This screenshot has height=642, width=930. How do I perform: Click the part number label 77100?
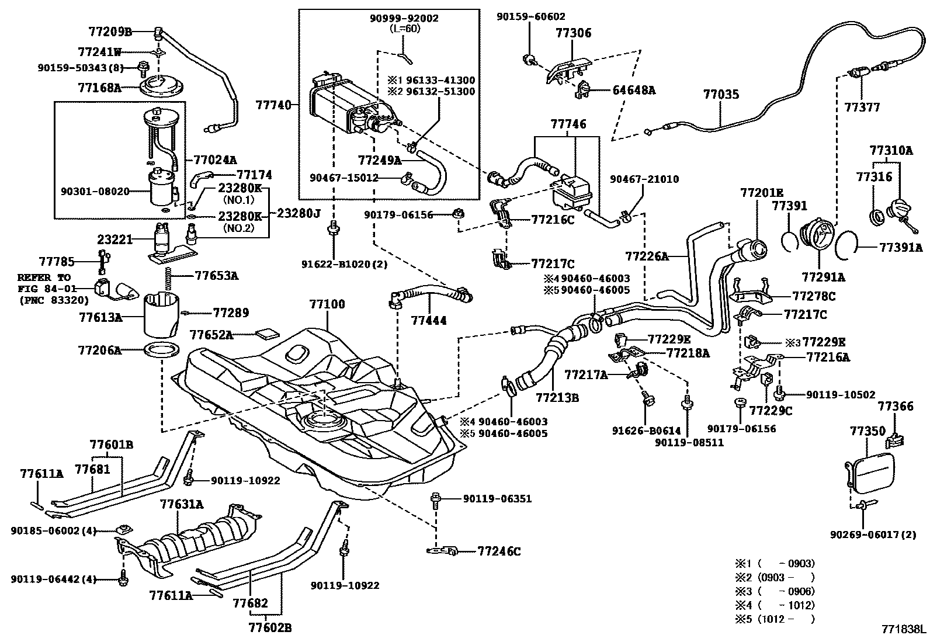pyautogui.click(x=327, y=304)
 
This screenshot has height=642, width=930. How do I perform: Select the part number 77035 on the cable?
pyautogui.click(x=720, y=94)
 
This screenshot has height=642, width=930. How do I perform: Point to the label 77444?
pyautogui.click(x=428, y=320)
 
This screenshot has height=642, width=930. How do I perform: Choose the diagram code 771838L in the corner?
pyautogui.click(x=904, y=630)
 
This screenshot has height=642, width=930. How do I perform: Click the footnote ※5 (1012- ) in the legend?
pyautogui.click(x=774, y=619)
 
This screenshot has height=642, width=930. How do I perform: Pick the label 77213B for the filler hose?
pyautogui.click(x=557, y=398)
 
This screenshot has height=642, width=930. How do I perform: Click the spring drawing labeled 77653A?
pyautogui.click(x=169, y=275)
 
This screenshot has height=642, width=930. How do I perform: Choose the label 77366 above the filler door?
pyautogui.click(x=896, y=407)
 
